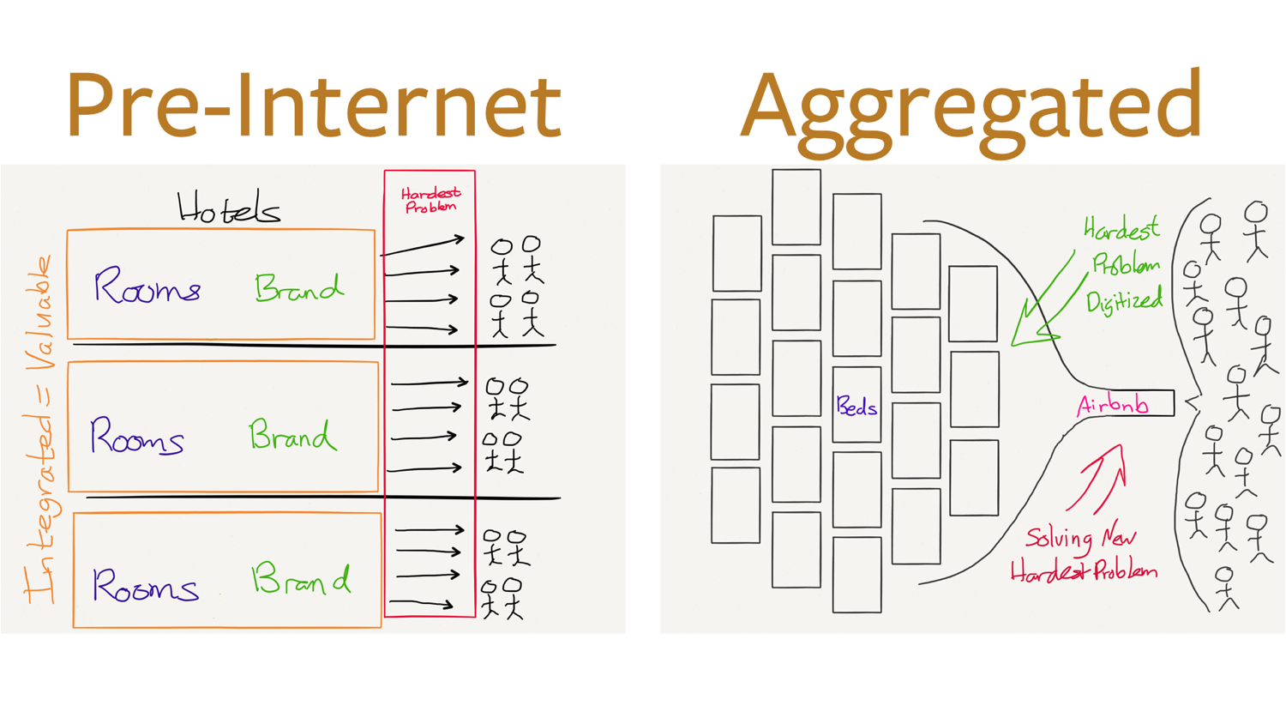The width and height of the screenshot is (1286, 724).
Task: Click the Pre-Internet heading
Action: pyautogui.click(x=313, y=105)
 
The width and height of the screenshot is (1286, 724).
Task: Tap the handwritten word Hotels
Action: pyautogui.click(x=228, y=208)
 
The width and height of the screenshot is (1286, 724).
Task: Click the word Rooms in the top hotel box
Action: pyautogui.click(x=147, y=287)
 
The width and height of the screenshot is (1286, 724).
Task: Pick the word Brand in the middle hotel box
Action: pyautogui.click(x=291, y=436)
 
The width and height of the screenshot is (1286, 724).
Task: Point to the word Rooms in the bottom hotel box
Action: pyautogui.click(x=145, y=586)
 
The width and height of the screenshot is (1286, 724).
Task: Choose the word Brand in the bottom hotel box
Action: pyautogui.click(x=300, y=580)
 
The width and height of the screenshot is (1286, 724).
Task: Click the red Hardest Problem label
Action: pyautogui.click(x=430, y=200)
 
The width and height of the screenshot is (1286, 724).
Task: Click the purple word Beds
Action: pyautogui.click(x=856, y=407)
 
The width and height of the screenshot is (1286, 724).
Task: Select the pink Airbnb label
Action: pyautogui.click(x=1113, y=404)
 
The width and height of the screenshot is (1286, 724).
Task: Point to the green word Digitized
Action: pyautogui.click(x=1124, y=302)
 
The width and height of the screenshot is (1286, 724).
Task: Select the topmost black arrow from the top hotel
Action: pyautogui.click(x=423, y=246)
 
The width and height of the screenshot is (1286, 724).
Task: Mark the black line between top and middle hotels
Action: pyautogui.click(x=313, y=345)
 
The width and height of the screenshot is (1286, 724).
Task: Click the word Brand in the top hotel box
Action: pyautogui.click(x=298, y=288)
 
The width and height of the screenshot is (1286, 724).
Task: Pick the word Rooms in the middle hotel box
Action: pyautogui.click(x=137, y=437)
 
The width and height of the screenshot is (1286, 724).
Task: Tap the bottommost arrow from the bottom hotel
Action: pyautogui.click(x=423, y=604)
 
